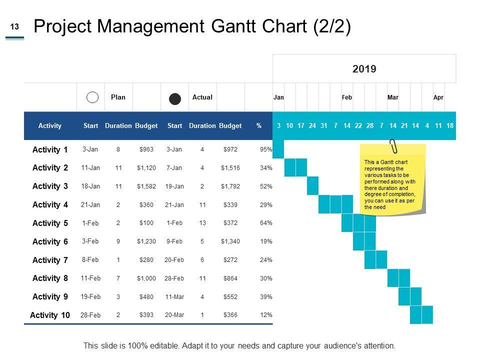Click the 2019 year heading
pos(364,68)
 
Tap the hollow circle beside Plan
pos(92,97)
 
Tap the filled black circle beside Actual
pos(175,98)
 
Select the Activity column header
pos(50,126)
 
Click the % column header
pos(258,126)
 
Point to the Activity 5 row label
pos(50,223)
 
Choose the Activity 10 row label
pos(50,315)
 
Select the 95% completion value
pos(266,149)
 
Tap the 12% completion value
pos(266,315)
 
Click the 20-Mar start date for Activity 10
pos(174,315)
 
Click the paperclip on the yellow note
pos(393,146)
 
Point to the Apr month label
pos(438,97)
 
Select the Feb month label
pos(347,97)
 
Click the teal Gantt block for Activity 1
pos(278,149)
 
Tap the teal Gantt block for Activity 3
pos(313,185)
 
